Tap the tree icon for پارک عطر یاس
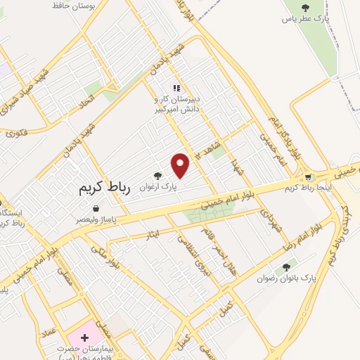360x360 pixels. tap(304, 8)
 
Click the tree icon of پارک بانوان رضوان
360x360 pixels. tap(285, 267)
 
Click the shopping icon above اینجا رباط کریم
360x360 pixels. tap(308, 176)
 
